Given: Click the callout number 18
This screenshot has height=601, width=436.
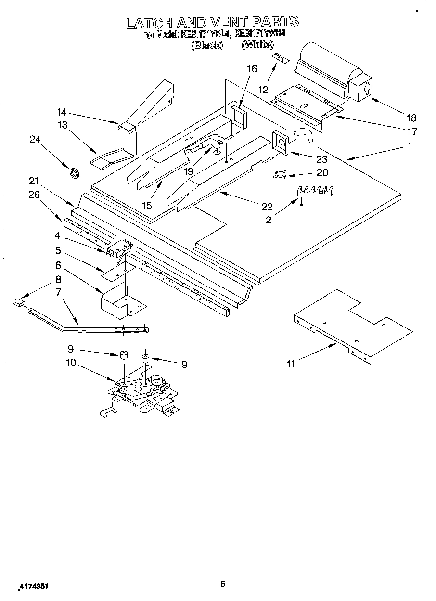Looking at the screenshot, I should [411, 118].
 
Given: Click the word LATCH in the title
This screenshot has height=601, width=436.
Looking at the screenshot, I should [149, 22].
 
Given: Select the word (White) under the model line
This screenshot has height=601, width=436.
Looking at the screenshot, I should [257, 45].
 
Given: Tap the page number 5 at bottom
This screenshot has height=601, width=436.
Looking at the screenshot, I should [223, 584].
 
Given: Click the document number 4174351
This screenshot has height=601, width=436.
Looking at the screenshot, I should [33, 587].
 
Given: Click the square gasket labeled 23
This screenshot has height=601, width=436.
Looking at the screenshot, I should [280, 142].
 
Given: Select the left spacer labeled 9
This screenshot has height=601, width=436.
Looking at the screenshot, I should [123, 356].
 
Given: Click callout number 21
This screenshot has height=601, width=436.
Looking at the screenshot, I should [33, 181].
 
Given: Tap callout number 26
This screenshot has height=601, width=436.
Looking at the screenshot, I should [33, 195].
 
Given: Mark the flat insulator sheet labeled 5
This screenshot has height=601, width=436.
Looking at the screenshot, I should [114, 272].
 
